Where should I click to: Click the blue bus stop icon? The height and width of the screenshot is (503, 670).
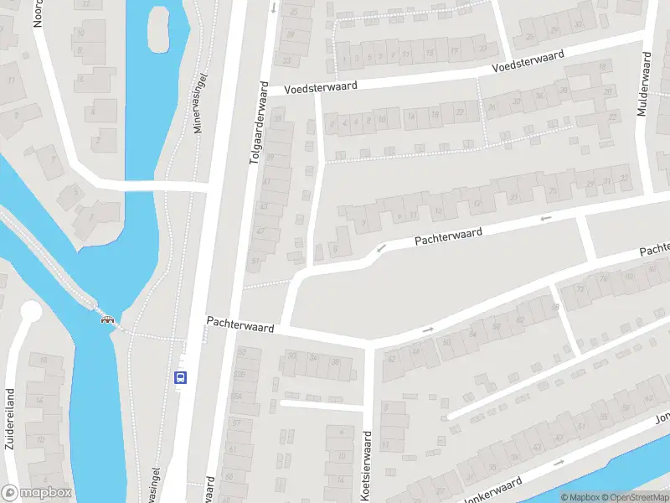point(180,377)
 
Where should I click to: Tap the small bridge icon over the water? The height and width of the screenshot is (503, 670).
point(107,318)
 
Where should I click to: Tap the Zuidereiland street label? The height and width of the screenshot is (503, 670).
point(10,418)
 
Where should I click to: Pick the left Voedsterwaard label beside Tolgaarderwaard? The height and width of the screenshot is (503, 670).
point(321,86)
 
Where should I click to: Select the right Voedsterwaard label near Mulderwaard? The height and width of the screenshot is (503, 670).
point(528,60)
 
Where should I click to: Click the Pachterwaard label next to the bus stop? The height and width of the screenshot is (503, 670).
point(240,324)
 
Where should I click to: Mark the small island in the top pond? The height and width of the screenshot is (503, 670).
point(158,29)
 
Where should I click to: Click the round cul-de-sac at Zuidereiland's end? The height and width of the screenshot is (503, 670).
point(30,312)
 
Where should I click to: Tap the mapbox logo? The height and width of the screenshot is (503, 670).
point(38,493)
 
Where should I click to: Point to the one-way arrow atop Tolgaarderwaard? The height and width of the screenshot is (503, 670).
point(273,8)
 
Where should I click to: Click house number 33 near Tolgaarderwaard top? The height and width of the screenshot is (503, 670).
point(286,61)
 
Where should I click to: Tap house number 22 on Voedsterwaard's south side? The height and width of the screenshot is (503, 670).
point(459,111)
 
